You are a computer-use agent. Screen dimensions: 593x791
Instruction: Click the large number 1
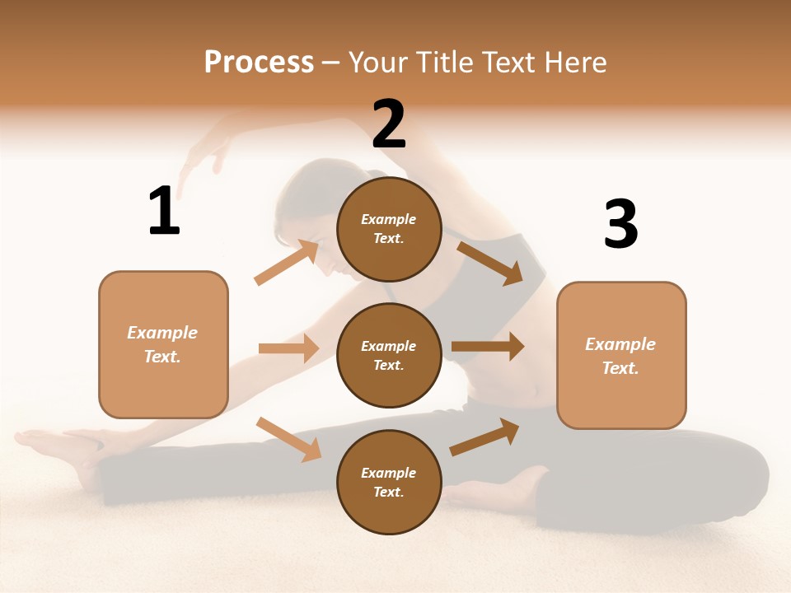[x=164, y=211]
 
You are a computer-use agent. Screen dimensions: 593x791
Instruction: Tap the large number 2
[x=389, y=124]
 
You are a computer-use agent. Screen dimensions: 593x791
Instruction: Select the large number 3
[x=620, y=224]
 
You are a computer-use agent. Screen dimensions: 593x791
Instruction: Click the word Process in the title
[x=259, y=62]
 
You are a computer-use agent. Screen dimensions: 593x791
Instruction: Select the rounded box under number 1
[x=163, y=344]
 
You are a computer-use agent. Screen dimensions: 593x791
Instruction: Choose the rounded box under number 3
[x=621, y=356]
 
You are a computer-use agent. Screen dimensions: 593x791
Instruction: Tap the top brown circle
[x=389, y=229]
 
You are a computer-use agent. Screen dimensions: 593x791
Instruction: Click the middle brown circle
[x=389, y=355]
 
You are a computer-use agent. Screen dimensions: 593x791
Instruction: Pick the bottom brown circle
[x=389, y=482]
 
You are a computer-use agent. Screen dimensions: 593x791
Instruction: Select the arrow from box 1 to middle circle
[x=288, y=348]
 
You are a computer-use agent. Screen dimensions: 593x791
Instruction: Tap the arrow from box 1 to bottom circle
[x=288, y=438]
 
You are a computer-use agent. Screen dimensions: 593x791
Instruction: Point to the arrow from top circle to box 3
[x=490, y=263]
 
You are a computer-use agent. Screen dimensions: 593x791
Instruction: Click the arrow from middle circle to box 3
[x=488, y=347]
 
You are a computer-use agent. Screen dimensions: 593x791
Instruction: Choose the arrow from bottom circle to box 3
[x=484, y=437]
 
